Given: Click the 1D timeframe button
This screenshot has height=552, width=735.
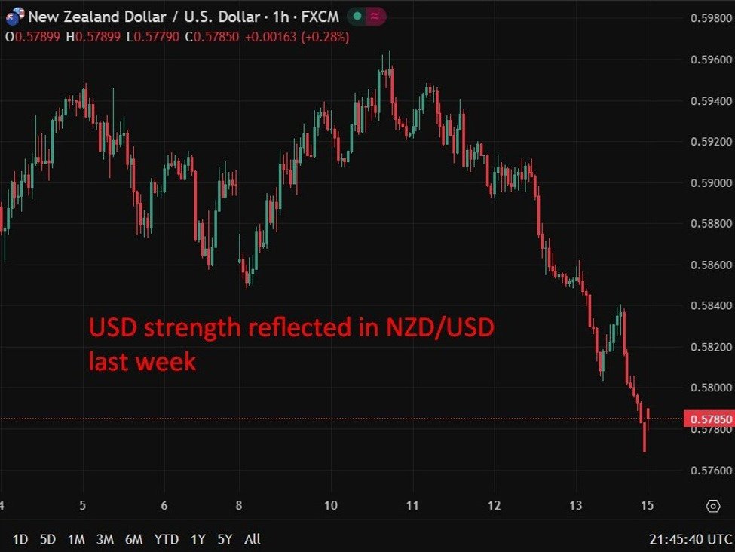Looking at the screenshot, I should [20, 539].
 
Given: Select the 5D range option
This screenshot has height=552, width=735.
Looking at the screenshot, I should [48, 539].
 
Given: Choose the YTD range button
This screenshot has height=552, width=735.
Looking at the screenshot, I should [166, 539].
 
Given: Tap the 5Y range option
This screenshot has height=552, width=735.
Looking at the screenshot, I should [225, 539].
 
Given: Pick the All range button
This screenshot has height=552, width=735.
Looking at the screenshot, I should [253, 539].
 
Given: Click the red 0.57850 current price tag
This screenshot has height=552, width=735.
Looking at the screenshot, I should [708, 419].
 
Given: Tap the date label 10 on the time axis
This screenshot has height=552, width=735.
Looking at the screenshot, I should [330, 505].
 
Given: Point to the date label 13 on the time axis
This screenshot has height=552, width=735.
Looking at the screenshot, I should [576, 505].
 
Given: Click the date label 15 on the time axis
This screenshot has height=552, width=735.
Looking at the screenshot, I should [647, 505].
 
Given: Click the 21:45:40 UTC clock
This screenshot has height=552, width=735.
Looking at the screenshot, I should [689, 539].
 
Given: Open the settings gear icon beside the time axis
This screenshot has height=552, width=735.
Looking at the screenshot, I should [712, 506].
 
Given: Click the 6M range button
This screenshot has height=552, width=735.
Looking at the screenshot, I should [134, 539].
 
